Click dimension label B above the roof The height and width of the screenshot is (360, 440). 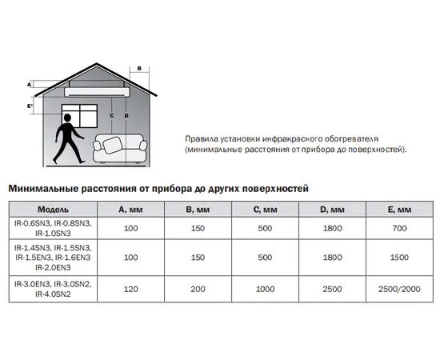pos(138,69)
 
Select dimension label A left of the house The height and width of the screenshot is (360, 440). pos(29,83)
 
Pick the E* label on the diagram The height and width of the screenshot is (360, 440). pos(30,105)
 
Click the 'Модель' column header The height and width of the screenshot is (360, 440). pos(30,210)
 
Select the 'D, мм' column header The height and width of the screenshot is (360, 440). pos(331,210)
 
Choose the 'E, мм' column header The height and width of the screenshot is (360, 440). pos(398,210)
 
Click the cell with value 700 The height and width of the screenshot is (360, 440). pos(398,229)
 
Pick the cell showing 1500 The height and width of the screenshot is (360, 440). pos(398,258)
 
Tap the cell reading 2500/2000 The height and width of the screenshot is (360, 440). pos(398,288)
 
